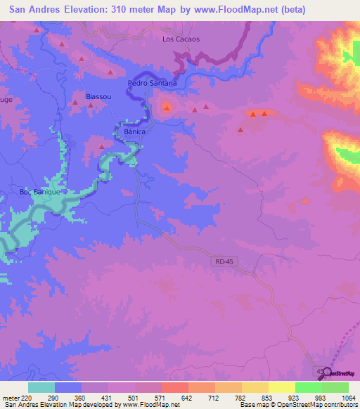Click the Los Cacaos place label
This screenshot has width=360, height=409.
point(181,39)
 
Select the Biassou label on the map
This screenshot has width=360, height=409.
point(98,96)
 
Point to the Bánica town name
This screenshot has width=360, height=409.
point(134,131)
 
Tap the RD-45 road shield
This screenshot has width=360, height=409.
point(221,261)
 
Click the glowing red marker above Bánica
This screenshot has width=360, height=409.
point(167,108)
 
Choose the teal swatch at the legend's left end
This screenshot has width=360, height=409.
point(41,387)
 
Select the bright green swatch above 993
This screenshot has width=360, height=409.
point(308,387)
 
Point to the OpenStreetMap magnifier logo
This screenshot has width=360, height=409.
point(326,373)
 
